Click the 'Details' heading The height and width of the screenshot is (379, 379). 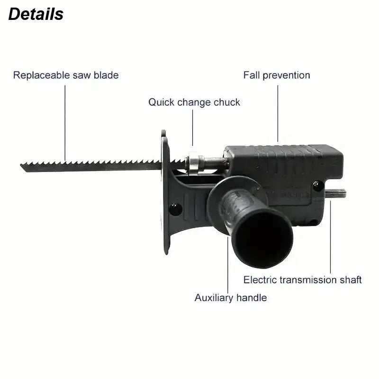[36, 14]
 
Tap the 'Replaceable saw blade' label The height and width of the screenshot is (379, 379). [66, 75]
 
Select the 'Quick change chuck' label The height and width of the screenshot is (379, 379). [194, 102]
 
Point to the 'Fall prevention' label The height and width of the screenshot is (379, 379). [277, 75]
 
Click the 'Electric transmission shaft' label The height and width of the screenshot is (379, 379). [302, 280]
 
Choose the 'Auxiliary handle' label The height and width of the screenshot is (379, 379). [231, 298]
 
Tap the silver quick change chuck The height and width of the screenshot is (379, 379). [195, 163]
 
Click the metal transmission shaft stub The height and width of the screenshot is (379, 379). [336, 193]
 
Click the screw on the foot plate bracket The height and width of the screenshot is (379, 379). [175, 209]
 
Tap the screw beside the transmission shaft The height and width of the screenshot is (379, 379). [318, 186]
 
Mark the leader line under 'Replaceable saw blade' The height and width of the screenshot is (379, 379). [65, 123]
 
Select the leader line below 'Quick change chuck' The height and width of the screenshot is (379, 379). [193, 127]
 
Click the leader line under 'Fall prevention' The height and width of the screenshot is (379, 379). [278, 113]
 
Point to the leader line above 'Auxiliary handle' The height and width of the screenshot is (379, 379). [228, 265]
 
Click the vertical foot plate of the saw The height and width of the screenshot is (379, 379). [165, 192]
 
